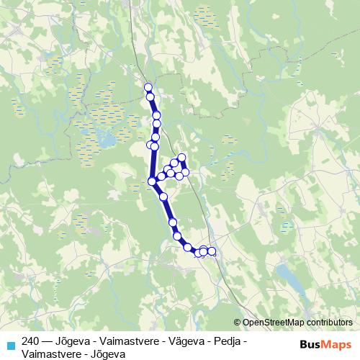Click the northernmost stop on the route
pyautogui.click(x=148, y=88)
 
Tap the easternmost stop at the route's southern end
pyautogui.click(x=212, y=251)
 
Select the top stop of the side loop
pyautogui.click(x=181, y=158)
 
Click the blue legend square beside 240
pyautogui.click(x=9, y=342)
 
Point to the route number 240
pyautogui.click(x=31, y=341)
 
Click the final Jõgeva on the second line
pyautogui.click(x=109, y=354)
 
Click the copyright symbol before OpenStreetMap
pyautogui.click(x=238, y=323)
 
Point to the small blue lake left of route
pyautogui.click(x=105, y=140)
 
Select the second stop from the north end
pyautogui.click(x=150, y=96)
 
